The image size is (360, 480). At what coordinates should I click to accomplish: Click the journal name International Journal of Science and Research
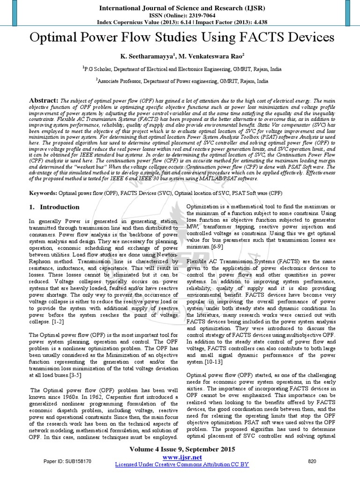point(180,7)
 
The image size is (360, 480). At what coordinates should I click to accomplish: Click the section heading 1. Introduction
point(54,207)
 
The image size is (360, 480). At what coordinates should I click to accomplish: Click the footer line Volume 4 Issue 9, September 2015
point(180,449)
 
